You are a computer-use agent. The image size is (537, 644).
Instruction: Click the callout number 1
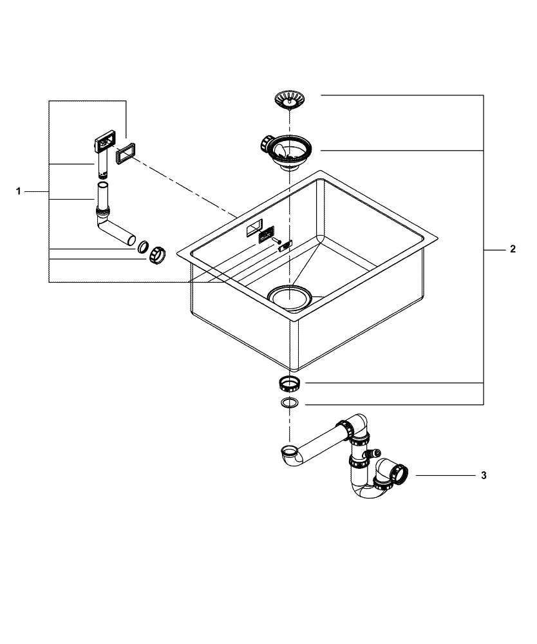19,191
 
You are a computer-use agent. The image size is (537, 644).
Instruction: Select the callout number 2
513,249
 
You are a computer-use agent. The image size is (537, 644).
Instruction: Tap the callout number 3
484,476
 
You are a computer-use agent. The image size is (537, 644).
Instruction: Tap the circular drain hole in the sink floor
289,297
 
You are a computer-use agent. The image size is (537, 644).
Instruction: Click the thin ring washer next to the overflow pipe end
144,246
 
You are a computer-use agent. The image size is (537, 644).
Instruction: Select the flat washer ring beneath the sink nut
289,404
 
